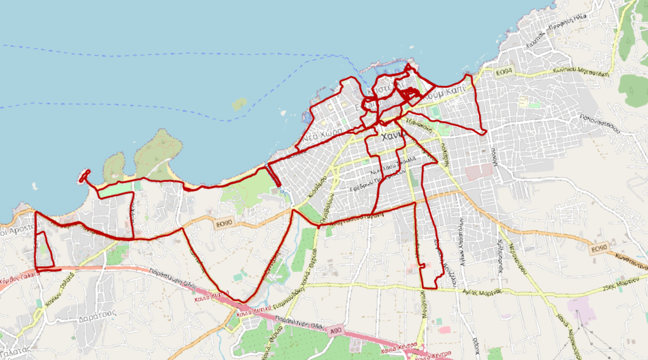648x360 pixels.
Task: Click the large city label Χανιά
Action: tap(394, 136)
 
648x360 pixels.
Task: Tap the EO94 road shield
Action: tap(504, 72)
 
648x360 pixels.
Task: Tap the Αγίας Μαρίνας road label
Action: tap(483, 293)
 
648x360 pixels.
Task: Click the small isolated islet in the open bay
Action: tap(239, 104)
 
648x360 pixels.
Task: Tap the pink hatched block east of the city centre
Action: tap(479, 172)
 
